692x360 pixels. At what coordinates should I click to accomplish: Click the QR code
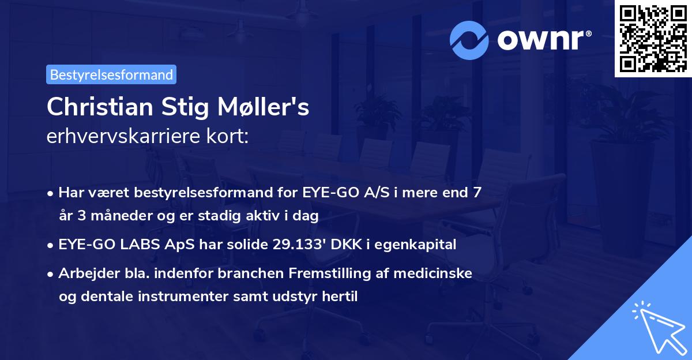(x=652, y=38)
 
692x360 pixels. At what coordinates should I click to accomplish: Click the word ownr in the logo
(x=543, y=39)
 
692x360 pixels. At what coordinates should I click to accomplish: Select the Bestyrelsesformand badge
(x=111, y=74)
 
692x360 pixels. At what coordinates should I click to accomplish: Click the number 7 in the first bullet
(x=476, y=192)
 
